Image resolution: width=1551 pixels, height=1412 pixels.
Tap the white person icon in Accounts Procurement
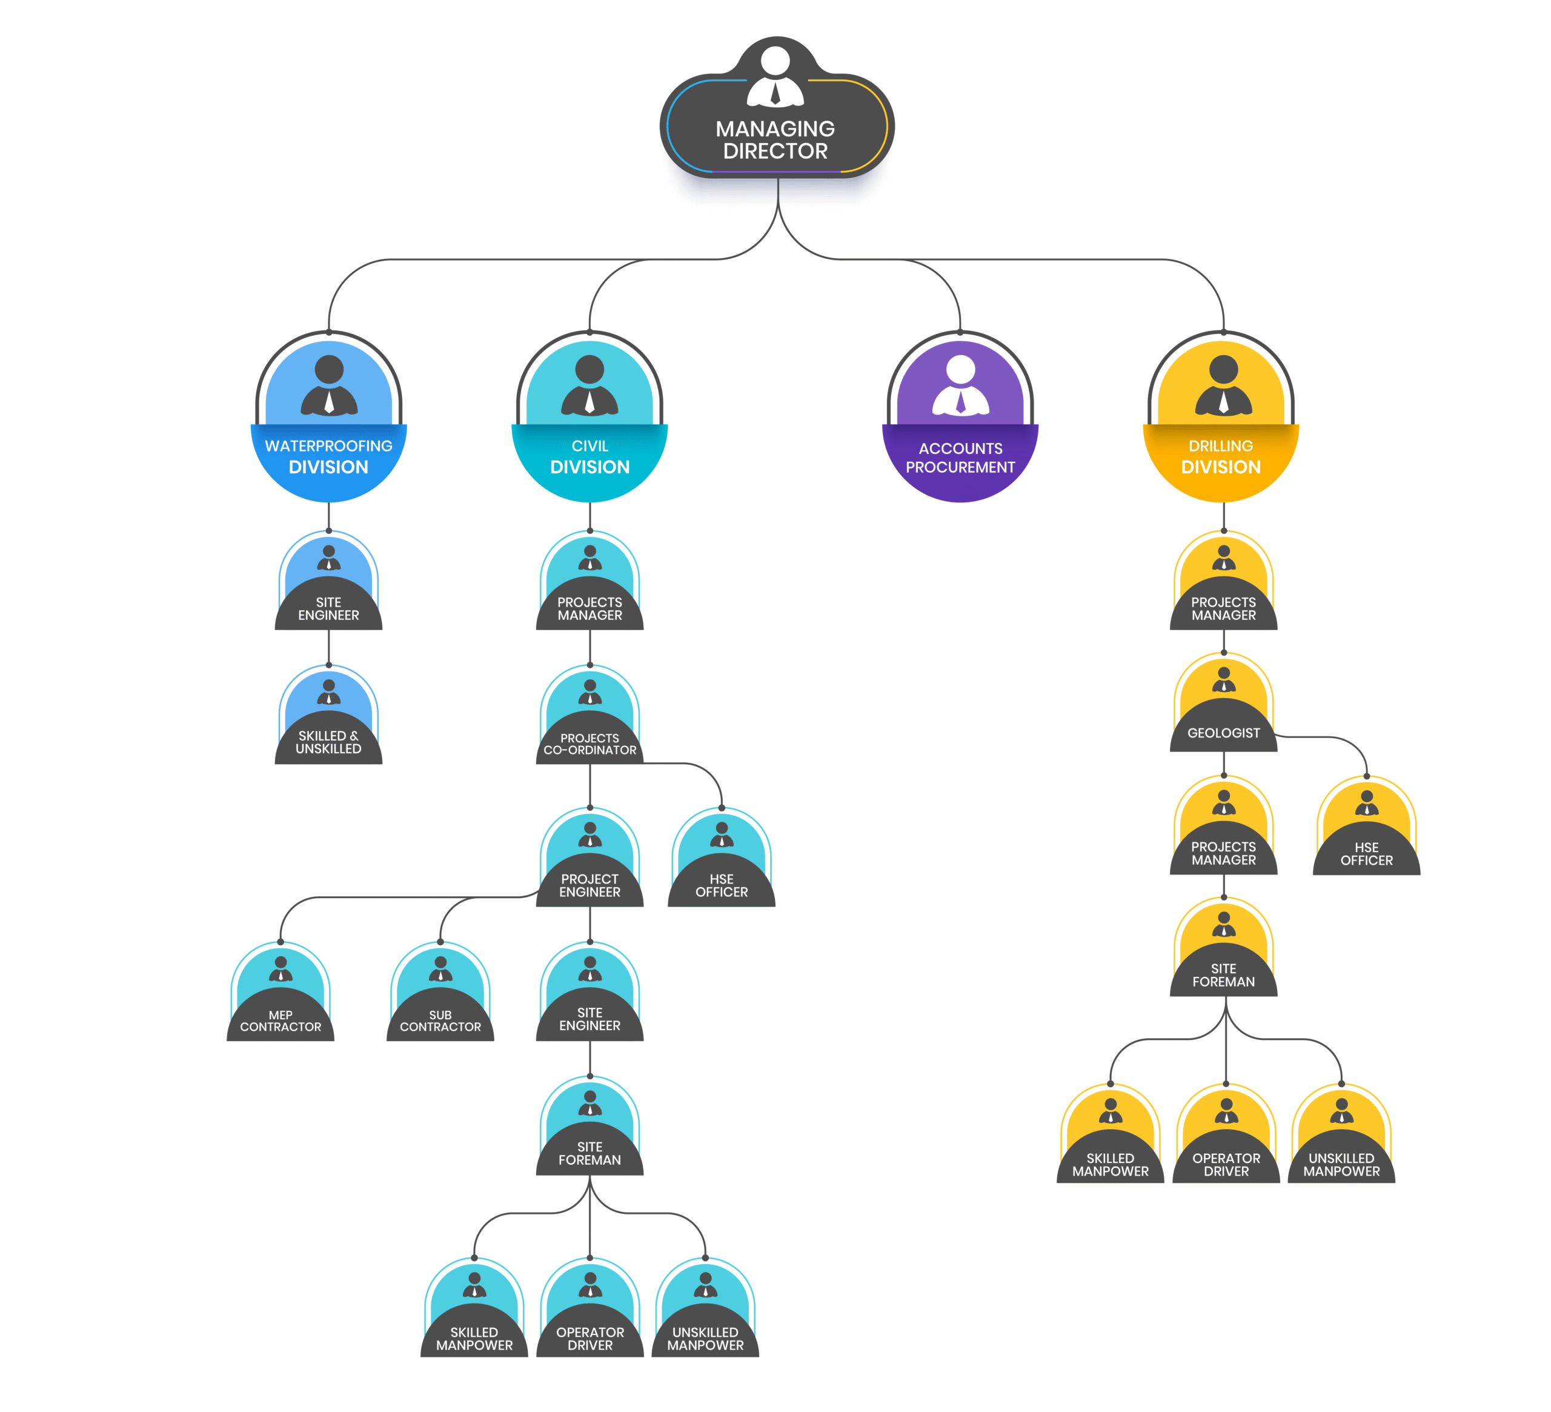click(x=960, y=385)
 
